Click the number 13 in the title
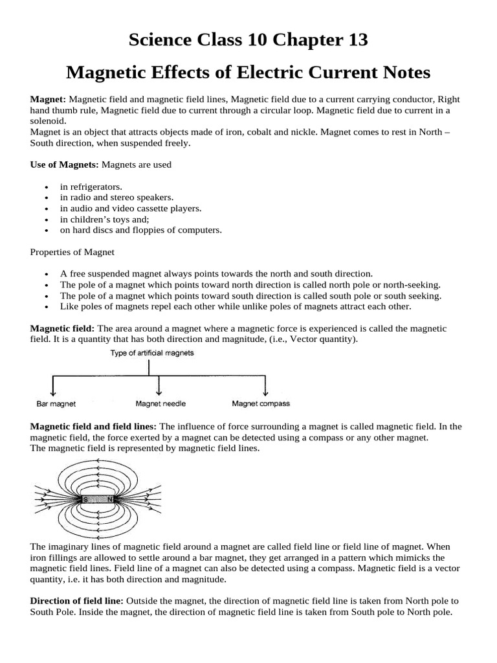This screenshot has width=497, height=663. point(353,40)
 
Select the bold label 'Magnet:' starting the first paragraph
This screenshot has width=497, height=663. point(49,100)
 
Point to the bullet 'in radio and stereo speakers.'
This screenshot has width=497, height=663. point(116,197)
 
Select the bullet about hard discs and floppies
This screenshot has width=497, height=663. point(140,230)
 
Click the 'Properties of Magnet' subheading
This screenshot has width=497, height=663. point(72,252)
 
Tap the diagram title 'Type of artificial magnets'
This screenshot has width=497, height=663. point(152,354)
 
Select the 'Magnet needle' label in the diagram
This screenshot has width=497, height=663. point(160,403)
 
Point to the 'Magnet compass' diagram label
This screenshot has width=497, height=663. point(261,403)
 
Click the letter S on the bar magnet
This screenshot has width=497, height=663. point(85,499)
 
